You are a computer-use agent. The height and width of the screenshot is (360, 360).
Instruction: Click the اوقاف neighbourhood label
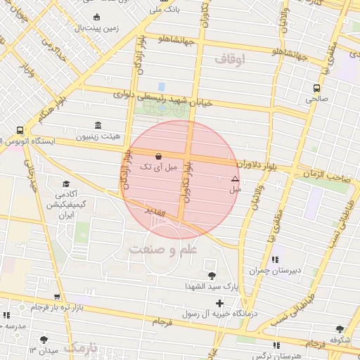tap(231, 61)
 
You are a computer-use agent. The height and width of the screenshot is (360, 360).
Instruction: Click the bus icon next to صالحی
tap(316, 89)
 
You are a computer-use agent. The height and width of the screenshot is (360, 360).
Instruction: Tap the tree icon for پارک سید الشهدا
tap(212, 274)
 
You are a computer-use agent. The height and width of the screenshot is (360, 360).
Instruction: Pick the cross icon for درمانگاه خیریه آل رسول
tap(220, 304)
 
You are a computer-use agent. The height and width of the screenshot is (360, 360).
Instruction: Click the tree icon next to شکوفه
tap(340, 330)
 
